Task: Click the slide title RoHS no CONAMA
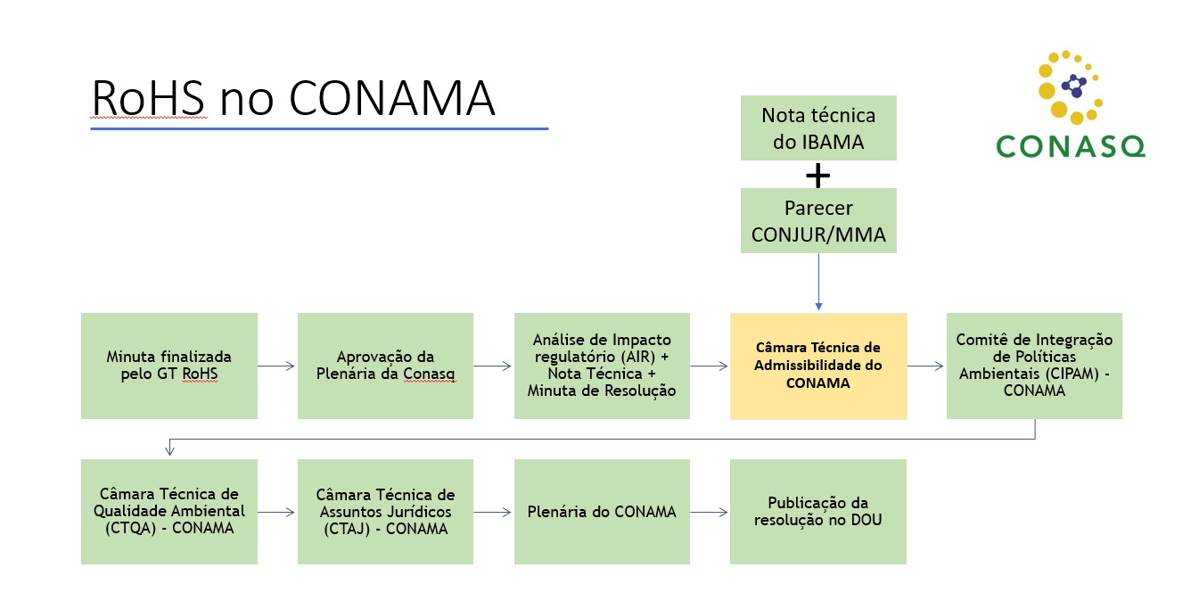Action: [293, 98]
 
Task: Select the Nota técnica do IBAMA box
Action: [818, 128]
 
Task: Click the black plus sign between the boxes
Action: [817, 176]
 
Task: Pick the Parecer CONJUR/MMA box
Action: [818, 220]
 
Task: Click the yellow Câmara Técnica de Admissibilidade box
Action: [818, 366]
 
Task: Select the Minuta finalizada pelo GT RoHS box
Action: [169, 366]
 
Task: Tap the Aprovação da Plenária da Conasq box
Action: [385, 366]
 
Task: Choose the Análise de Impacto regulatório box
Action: [602, 366]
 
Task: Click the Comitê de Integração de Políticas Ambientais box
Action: [1034, 366]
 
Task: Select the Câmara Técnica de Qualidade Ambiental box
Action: [169, 512]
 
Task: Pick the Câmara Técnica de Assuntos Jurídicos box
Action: [385, 512]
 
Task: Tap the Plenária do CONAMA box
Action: [602, 512]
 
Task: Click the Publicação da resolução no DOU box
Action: [818, 512]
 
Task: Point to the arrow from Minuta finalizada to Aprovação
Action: [277, 366]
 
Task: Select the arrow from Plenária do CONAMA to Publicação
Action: [710, 512]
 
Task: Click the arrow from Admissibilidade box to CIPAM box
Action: [926, 366]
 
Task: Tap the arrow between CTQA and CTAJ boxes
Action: [277, 512]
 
